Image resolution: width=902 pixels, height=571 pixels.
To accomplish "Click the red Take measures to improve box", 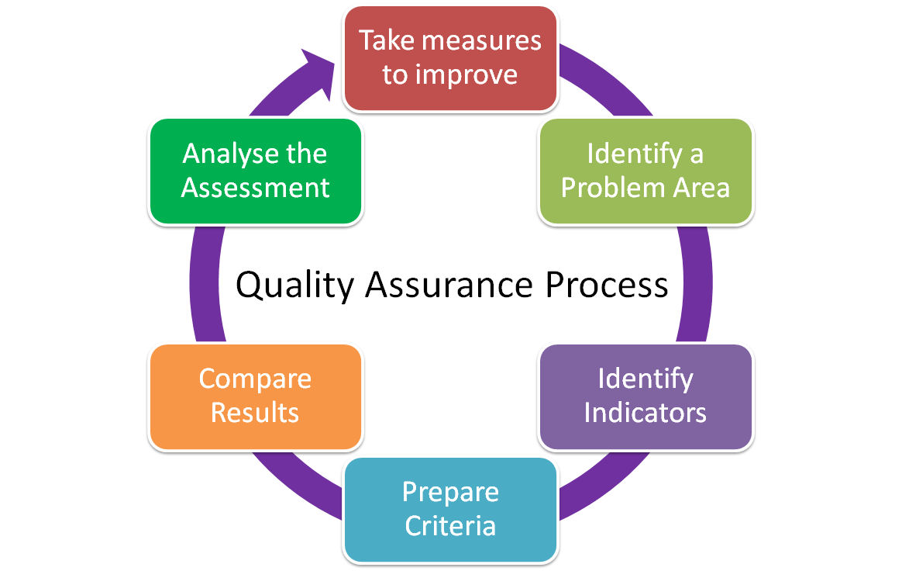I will tap(450, 58).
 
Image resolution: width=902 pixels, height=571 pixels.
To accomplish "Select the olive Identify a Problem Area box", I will tap(646, 171).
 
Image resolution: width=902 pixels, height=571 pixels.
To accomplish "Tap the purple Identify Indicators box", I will tap(646, 396).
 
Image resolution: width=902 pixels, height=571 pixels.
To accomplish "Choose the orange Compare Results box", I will tap(255, 396).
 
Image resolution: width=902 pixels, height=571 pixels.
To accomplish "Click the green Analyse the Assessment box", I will tap(255, 171).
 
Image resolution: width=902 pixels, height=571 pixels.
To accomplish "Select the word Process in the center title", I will tap(606, 284).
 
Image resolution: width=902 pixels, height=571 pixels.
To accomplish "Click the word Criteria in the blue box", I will tap(450, 526).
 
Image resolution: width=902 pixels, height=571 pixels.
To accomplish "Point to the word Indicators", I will tap(646, 413).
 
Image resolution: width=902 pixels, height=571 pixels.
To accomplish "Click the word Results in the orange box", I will tap(255, 413).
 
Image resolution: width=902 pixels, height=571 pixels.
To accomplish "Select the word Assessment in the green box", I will tap(255, 188).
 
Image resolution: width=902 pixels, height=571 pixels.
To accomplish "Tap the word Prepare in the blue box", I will tap(450, 493).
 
